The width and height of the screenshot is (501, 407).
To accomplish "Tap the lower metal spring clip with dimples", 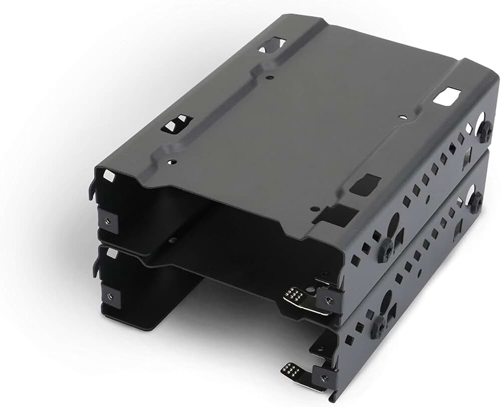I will [293, 371].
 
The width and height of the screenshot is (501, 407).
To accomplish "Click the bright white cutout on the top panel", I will [446, 96].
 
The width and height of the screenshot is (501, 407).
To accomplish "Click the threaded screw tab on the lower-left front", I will [110, 295].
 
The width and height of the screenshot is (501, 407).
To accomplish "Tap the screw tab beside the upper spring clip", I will [328, 300].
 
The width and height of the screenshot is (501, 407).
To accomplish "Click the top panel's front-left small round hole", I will [172, 162].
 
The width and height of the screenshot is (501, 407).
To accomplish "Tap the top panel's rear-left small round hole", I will [270, 78].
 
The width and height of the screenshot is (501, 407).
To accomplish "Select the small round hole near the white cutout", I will [403, 117].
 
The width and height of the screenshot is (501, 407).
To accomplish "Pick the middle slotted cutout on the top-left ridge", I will [176, 123].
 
